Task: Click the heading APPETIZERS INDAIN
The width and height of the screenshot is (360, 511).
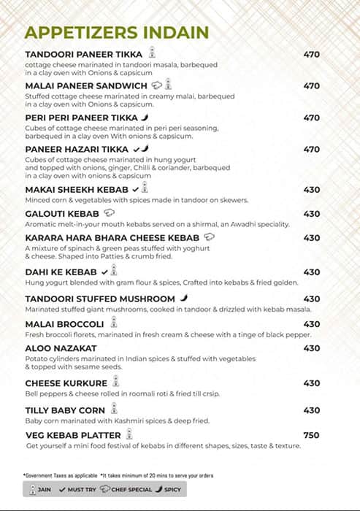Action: pyautogui.click(x=117, y=32)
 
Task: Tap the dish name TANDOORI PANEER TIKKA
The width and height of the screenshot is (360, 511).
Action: pyautogui.click(x=83, y=54)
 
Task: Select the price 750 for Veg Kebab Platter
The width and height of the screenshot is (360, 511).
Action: pyautogui.click(x=311, y=435)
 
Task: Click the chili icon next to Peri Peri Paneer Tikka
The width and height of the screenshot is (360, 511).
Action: pyautogui.click(x=145, y=118)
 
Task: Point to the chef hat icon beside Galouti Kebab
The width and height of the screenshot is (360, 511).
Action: pyautogui.click(x=110, y=214)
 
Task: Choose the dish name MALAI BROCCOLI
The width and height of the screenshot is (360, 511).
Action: pyautogui.click(x=64, y=324)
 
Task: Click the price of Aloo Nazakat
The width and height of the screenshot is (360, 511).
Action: pyautogui.click(x=311, y=348)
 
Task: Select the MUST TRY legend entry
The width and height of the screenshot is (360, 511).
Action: pyautogui.click(x=76, y=489)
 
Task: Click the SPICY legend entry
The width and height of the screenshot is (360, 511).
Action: pyautogui.click(x=169, y=489)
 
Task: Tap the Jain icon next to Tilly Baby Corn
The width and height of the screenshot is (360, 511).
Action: pyautogui.click(x=115, y=410)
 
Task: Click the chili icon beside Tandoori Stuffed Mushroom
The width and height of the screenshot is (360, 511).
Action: pyautogui.click(x=184, y=299)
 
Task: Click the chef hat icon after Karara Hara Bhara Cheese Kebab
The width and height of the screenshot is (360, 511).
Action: pyautogui.click(x=210, y=238)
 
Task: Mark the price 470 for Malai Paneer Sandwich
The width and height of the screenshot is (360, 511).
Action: pyautogui.click(x=311, y=86)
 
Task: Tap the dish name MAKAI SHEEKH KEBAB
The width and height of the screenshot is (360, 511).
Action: pyautogui.click(x=77, y=190)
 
